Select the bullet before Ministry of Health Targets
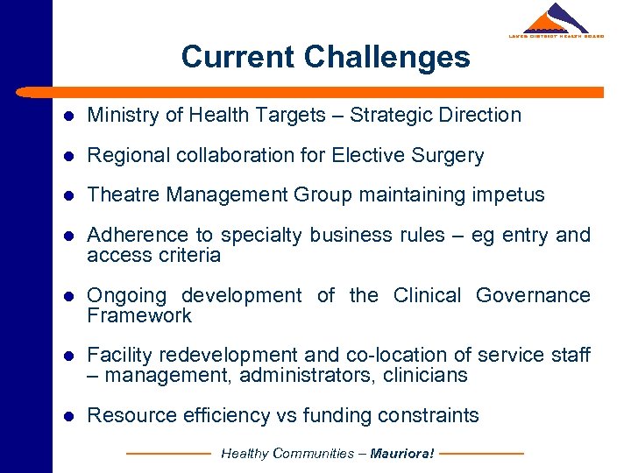tap(67, 116)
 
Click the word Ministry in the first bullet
tap(119, 115)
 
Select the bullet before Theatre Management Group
tap(67, 195)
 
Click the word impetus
tap(508, 195)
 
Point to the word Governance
tap(533, 295)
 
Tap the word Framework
tap(139, 315)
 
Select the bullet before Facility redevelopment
tap(67, 356)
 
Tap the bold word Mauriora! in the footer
tap(402, 454)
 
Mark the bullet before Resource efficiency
tap(67, 416)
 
